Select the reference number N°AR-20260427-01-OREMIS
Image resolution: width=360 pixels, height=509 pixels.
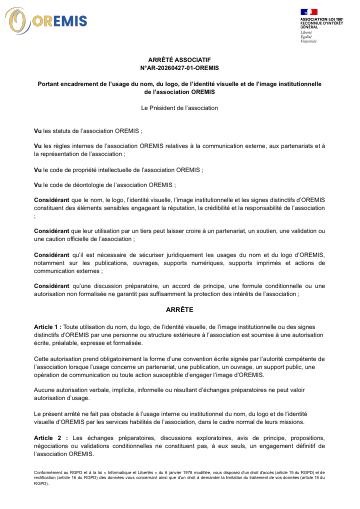pyautogui.click(x=180, y=69)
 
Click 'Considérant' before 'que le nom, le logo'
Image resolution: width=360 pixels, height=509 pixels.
pyautogui.click(x=54, y=200)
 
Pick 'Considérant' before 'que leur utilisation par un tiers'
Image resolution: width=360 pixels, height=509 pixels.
pyautogui.click(x=54, y=231)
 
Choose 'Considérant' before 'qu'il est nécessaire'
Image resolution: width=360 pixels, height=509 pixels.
pyautogui.click(x=54, y=255)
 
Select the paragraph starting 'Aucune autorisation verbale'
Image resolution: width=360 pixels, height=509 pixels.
pyautogui.click(x=180, y=366)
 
